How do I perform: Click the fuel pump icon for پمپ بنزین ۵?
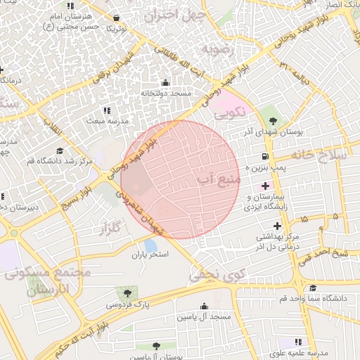(x=264, y=156)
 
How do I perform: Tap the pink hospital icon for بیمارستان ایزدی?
(x=265, y=186)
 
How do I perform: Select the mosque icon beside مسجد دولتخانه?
(x=165, y=82)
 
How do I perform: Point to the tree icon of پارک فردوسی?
(x=127, y=293)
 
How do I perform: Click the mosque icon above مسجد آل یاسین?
(x=205, y=306)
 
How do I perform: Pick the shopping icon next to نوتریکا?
(x=116, y=18)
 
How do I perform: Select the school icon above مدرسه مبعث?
(x=107, y=110)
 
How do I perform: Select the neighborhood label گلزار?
(x=111, y=227)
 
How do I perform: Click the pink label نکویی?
(x=229, y=112)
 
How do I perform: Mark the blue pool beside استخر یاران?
(x=150, y=245)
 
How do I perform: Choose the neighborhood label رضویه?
(x=217, y=49)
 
